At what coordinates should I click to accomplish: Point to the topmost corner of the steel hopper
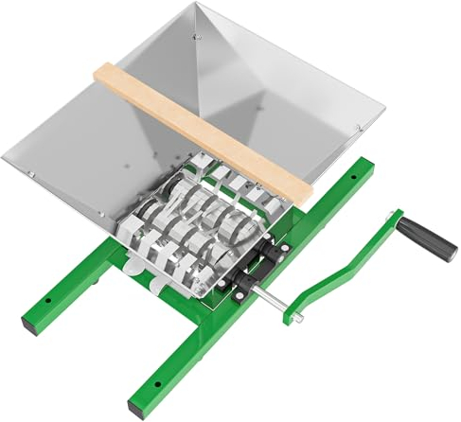click(198, 7)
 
